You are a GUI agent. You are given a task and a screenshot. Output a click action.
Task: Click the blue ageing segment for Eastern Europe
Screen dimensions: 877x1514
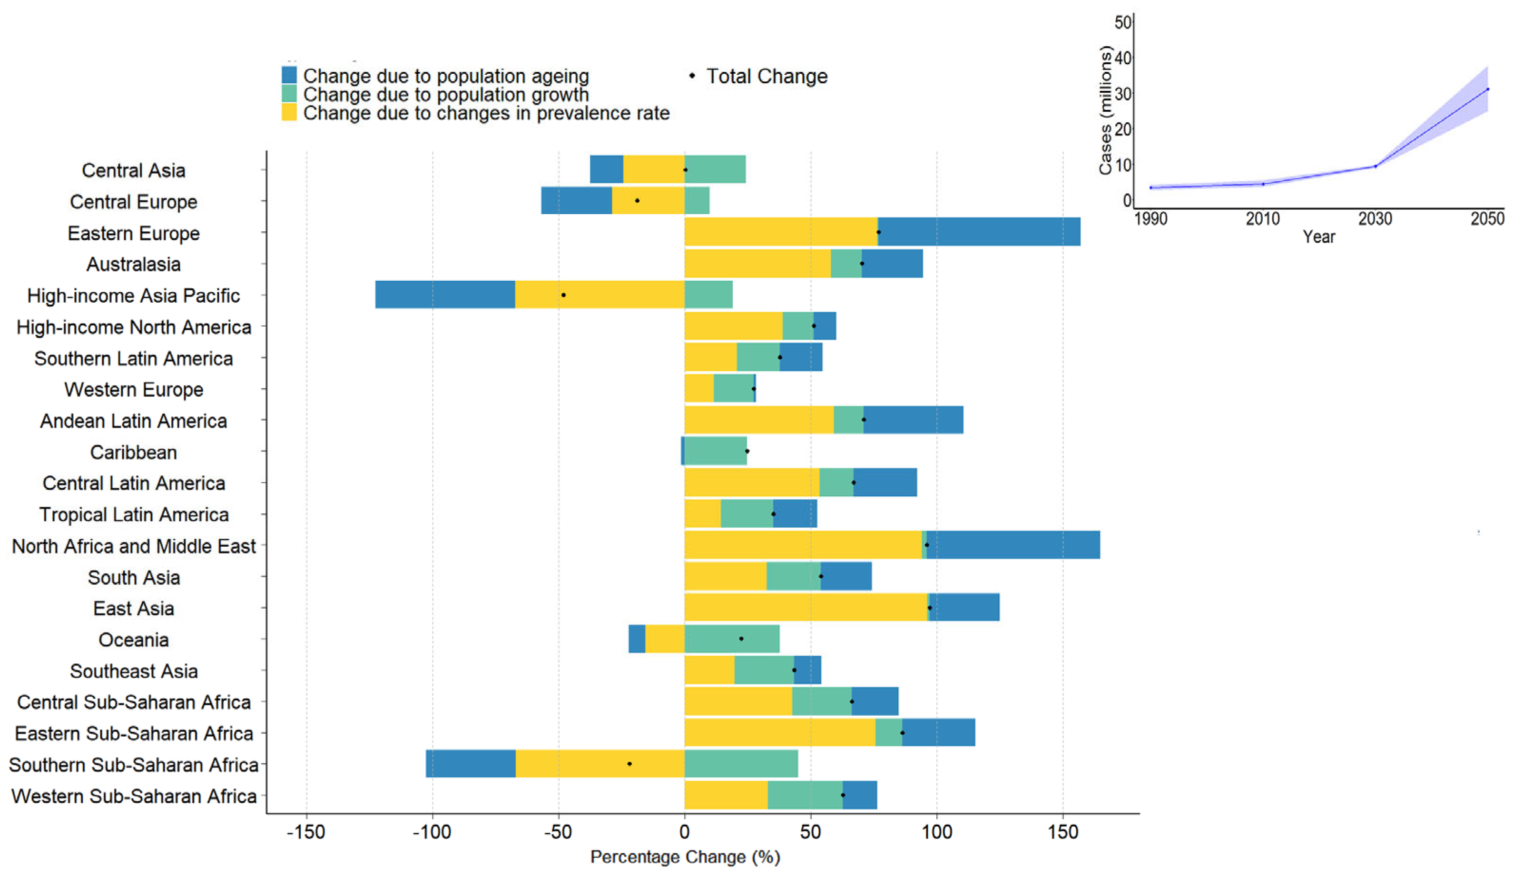tap(979, 232)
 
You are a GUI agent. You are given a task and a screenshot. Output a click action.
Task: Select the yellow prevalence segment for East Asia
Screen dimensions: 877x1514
tap(805, 607)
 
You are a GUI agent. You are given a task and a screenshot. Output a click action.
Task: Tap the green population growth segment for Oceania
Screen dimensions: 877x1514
tap(732, 639)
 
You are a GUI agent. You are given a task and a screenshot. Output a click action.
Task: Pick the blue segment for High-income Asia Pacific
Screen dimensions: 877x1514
tap(444, 295)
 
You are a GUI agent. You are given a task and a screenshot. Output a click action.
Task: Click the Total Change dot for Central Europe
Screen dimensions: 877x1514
tap(637, 201)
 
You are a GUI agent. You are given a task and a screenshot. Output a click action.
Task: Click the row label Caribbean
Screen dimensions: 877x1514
tap(133, 453)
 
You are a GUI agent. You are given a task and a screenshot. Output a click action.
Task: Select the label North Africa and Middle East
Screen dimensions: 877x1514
tap(133, 546)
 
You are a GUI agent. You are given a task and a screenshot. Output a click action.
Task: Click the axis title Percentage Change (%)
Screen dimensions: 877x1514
tap(685, 857)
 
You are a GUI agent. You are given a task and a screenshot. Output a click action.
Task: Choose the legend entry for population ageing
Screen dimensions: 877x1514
tap(444, 76)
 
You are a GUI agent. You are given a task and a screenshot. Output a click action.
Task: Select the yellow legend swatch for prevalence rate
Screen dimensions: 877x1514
tap(289, 112)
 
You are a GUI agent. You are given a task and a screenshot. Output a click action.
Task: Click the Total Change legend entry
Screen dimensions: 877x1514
tap(766, 76)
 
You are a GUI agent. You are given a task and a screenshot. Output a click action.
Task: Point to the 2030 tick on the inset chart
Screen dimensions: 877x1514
tap(1375, 218)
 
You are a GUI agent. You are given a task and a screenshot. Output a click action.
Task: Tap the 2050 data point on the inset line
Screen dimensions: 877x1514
tap(1487, 89)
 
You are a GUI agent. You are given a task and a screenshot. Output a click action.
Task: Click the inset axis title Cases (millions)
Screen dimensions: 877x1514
tap(1105, 111)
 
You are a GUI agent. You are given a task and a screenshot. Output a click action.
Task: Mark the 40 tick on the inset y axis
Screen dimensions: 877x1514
tap(1122, 58)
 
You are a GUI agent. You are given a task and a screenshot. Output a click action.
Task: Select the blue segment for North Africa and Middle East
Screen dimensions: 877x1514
tap(1013, 545)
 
